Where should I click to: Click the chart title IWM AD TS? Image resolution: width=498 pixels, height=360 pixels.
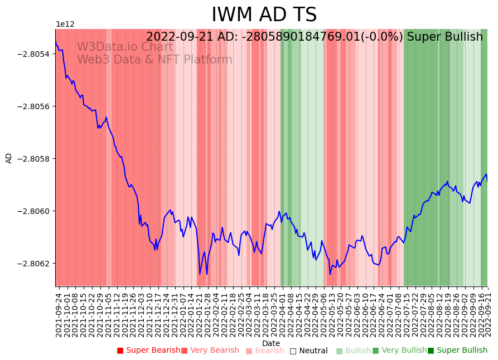tap(264, 14)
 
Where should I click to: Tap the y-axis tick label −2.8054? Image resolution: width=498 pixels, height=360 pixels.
tap(34, 54)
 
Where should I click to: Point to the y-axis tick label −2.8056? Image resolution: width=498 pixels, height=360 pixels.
tap(34, 106)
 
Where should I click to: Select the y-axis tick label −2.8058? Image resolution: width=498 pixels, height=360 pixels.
tap(34, 159)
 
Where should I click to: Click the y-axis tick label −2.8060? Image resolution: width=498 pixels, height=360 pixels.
tap(34, 211)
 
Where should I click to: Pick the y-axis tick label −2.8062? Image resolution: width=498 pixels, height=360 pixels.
tap(34, 264)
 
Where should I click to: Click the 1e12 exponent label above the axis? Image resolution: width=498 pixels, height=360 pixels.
tap(65, 25)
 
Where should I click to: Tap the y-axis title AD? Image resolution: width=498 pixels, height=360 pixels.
tap(9, 158)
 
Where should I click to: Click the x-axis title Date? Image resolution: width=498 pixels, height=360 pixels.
tap(271, 343)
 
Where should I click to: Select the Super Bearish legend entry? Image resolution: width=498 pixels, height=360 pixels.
tap(148, 351)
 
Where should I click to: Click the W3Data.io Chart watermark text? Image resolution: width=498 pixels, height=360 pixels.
tap(125, 47)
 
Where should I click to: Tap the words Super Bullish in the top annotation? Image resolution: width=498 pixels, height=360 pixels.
tap(445, 37)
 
